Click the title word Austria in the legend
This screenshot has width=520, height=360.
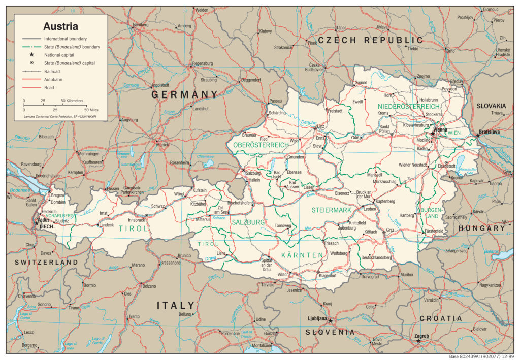click(x=60, y=26)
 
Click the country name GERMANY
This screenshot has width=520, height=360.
click(x=184, y=95)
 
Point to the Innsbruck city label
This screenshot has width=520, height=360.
click(x=137, y=220)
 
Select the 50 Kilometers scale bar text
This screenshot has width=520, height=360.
click(x=72, y=101)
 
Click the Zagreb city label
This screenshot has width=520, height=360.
click(x=421, y=336)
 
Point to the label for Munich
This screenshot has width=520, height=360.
click(x=162, y=145)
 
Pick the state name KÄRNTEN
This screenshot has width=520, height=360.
click(x=302, y=254)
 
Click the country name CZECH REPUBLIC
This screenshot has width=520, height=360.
click(x=370, y=40)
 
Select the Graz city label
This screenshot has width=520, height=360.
click(x=390, y=230)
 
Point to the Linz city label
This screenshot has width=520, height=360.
click(x=320, y=127)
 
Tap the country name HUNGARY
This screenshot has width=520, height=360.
click(x=481, y=228)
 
